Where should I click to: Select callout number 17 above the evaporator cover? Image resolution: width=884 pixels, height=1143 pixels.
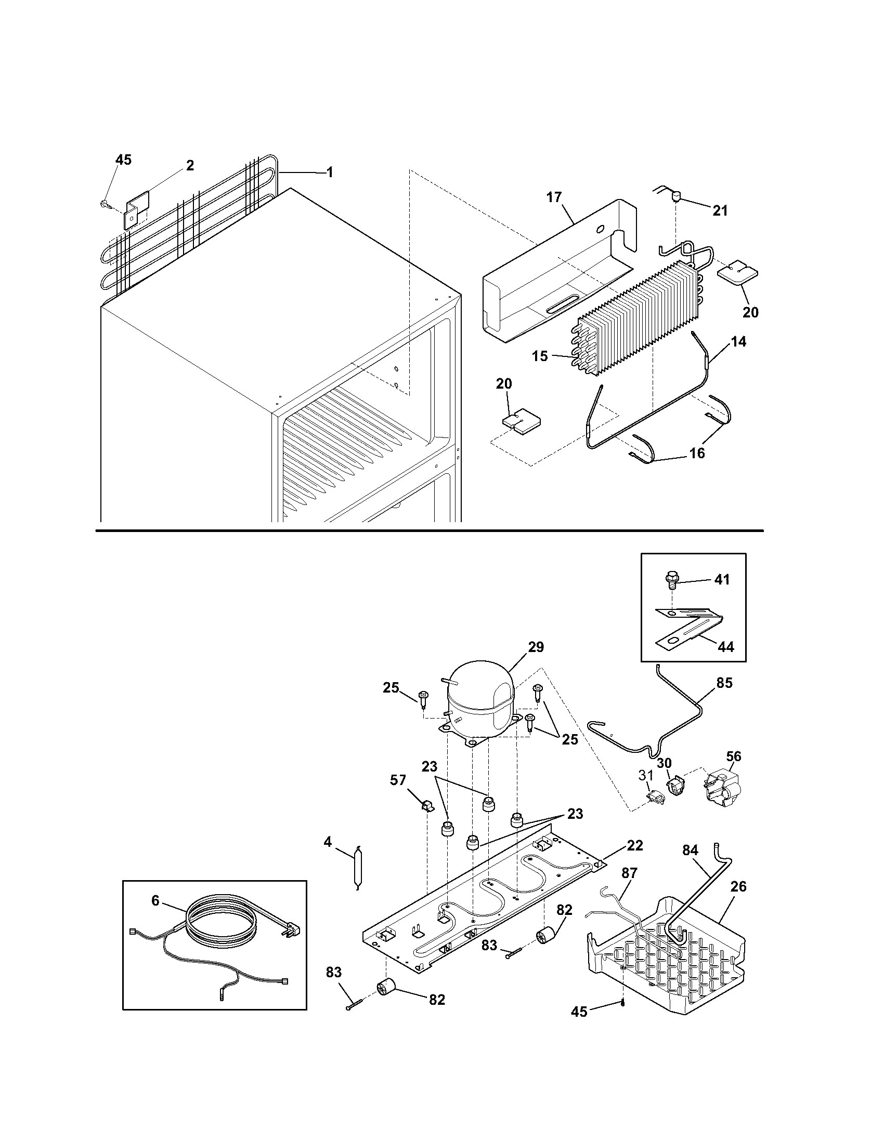[x=554, y=197]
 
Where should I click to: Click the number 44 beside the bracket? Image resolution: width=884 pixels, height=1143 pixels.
[x=725, y=647]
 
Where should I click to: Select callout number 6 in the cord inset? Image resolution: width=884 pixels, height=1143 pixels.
[x=155, y=900]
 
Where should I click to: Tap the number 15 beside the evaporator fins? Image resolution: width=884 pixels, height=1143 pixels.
[x=539, y=356]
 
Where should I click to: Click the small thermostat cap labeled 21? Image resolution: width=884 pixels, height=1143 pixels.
[x=676, y=197]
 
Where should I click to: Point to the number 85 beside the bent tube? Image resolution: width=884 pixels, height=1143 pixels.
[x=724, y=683]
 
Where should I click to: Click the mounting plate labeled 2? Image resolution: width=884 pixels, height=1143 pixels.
[x=136, y=208]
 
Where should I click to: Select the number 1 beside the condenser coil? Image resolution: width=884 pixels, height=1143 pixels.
[x=329, y=172]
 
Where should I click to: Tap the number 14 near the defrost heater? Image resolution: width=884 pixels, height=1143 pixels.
[x=738, y=342]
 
